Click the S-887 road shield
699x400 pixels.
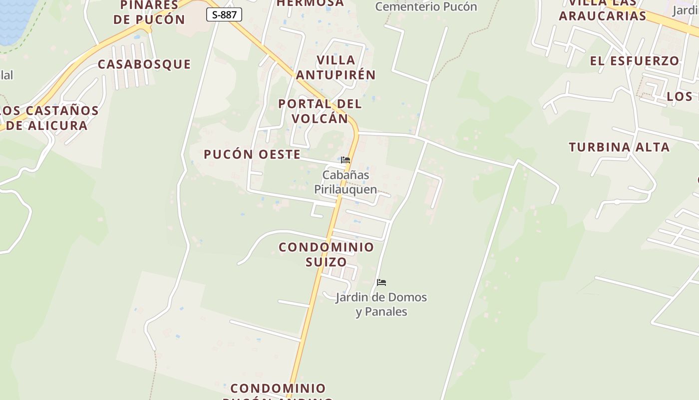[x=224, y=14]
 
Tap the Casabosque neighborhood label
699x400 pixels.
[x=144, y=64]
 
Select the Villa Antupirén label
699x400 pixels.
[x=336, y=67]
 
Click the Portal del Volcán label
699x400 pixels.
[x=320, y=111]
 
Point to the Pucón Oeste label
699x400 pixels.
[x=252, y=154]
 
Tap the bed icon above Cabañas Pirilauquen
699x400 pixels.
[x=346, y=160]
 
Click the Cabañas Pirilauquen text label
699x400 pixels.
[x=346, y=182]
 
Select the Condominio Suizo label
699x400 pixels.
[x=326, y=254]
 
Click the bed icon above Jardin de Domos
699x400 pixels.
[x=381, y=282]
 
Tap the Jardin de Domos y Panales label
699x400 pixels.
[x=381, y=304]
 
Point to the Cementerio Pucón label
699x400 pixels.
[x=426, y=6]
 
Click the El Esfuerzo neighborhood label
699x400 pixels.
[x=635, y=61]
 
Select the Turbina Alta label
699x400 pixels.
[x=619, y=147]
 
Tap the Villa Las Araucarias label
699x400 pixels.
[x=603, y=10]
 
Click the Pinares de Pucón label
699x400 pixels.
[x=149, y=12]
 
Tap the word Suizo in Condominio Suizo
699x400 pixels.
[x=326, y=261]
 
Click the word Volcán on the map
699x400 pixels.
[x=320, y=118]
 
